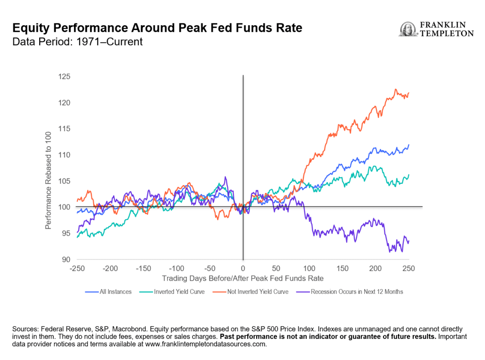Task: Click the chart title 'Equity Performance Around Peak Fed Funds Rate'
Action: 157,29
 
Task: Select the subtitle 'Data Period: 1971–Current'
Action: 78,42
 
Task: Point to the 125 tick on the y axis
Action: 64,77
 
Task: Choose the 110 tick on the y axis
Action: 64,155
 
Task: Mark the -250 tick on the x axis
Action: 77,269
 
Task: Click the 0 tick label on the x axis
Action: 243,269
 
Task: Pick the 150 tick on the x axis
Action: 343,269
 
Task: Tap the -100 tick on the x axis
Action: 176,269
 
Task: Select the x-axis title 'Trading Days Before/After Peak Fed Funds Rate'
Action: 242,278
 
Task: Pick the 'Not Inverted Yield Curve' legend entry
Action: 253,292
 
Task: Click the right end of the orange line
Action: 409,93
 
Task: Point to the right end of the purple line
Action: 409,241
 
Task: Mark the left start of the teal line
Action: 77,237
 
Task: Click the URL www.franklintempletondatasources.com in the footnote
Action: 198,345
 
